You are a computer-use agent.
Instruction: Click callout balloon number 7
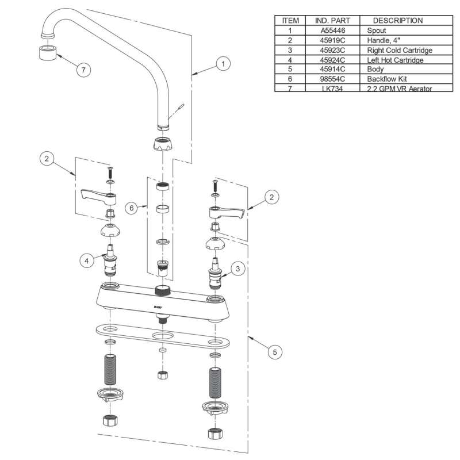pyautogui.click(x=85, y=70)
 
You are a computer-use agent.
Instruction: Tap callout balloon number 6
pyautogui.click(x=132, y=208)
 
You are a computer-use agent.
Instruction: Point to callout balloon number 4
pyautogui.click(x=87, y=260)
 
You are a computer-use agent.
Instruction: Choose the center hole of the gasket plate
pyautogui.click(x=163, y=336)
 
